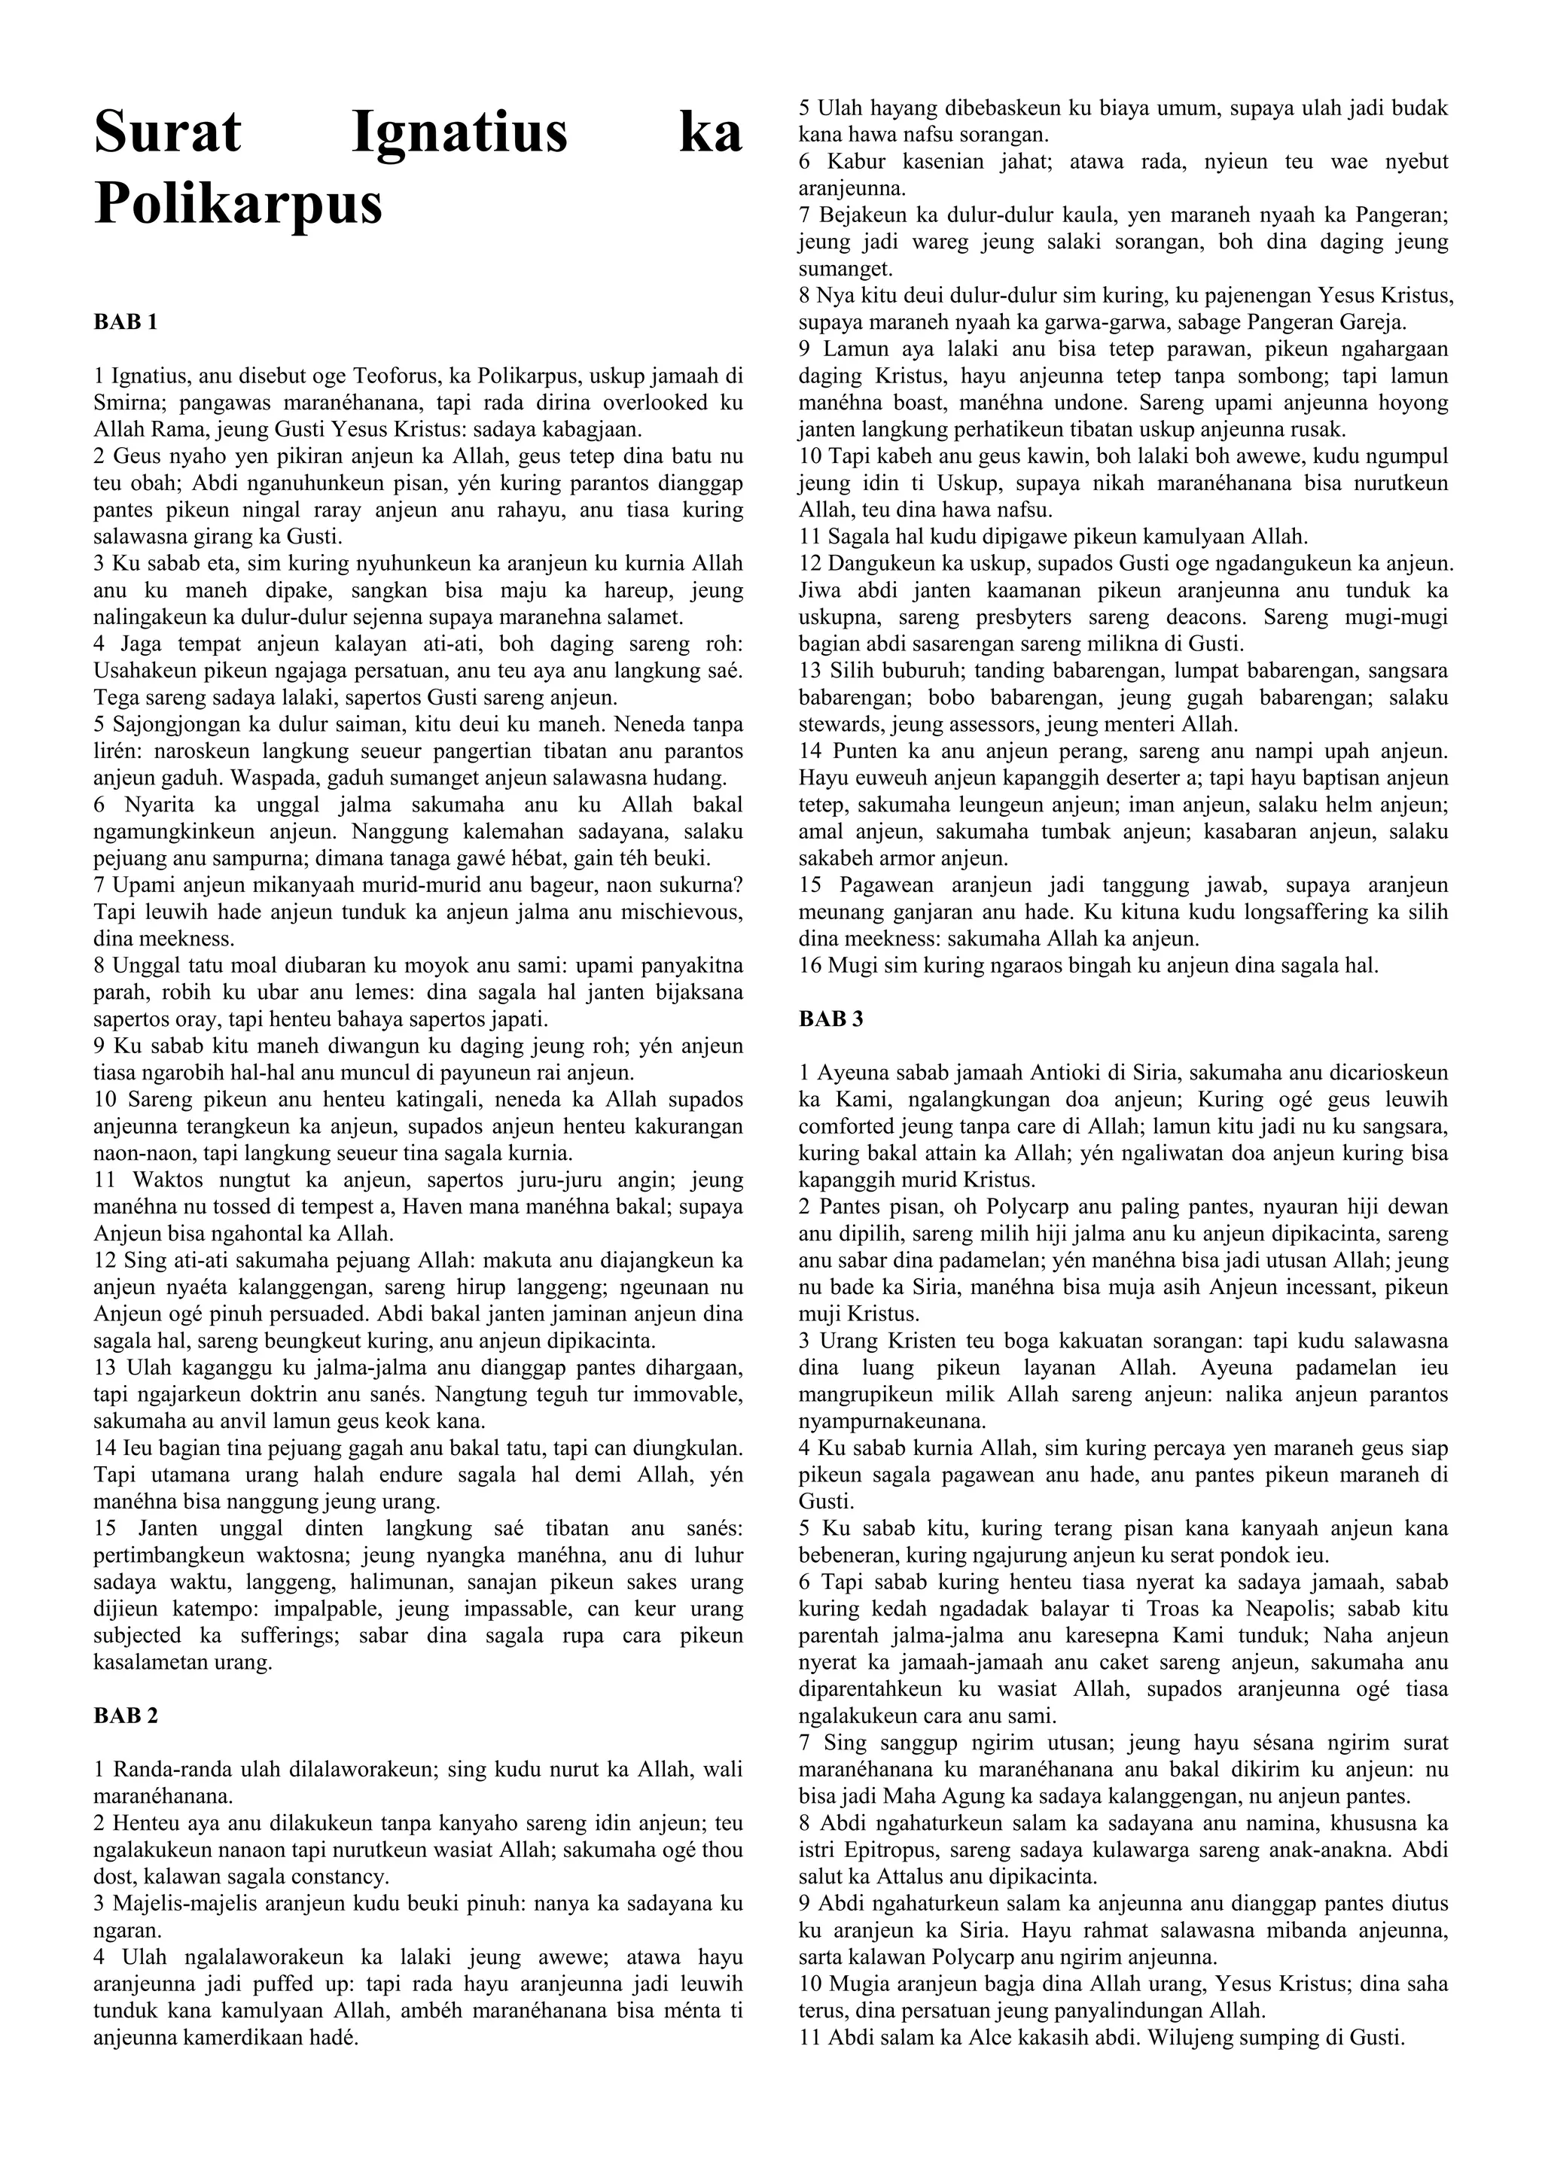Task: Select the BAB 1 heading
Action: (x=125, y=322)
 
